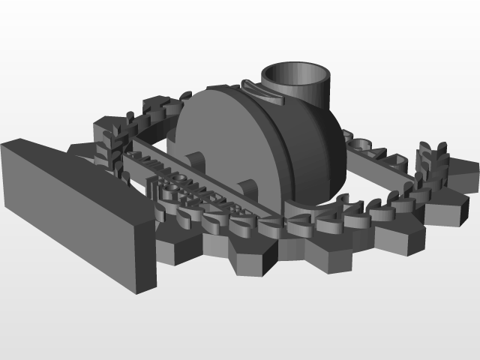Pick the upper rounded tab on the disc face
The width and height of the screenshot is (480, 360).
195,161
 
